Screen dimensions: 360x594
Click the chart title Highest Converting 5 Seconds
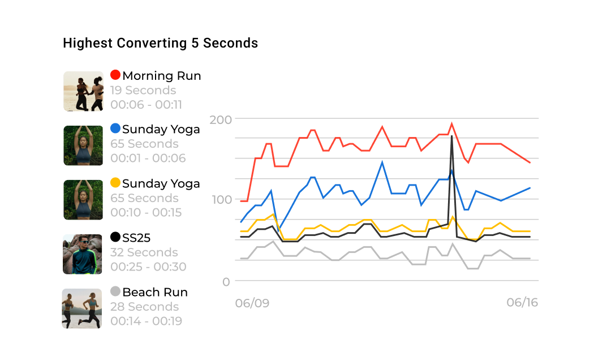click(x=160, y=43)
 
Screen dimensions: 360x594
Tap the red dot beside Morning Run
click(x=115, y=75)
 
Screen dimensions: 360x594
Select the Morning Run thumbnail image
click(x=83, y=91)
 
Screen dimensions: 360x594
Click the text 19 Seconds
click(x=143, y=91)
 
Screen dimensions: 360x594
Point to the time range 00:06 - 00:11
click(x=146, y=105)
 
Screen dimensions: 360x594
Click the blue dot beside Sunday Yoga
click(x=115, y=128)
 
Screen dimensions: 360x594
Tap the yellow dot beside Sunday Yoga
click(x=115, y=183)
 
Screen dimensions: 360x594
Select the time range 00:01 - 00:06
click(x=148, y=158)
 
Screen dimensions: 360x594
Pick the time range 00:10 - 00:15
click(x=146, y=213)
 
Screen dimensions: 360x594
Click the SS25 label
click(x=136, y=238)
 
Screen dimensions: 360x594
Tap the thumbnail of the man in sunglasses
click(x=83, y=254)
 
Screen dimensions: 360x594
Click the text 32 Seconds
click(x=144, y=252)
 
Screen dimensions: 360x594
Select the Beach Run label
click(x=154, y=292)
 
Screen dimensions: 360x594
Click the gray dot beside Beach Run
click(x=115, y=292)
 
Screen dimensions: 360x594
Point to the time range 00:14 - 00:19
click(x=146, y=321)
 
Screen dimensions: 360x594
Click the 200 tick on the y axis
click(x=220, y=119)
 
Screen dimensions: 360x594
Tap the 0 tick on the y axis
click(x=226, y=281)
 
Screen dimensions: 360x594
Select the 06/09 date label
click(x=252, y=303)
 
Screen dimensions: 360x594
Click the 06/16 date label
click(x=522, y=302)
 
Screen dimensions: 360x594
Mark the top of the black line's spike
click(x=451, y=136)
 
